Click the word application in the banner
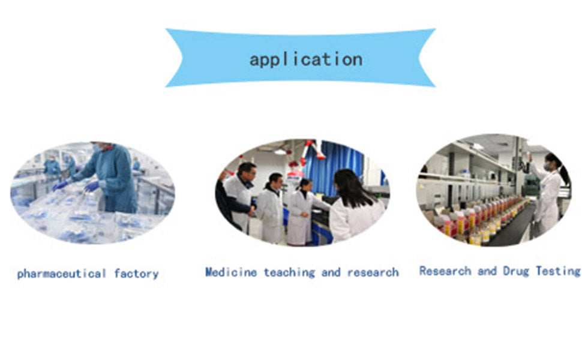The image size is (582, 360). tap(306, 60)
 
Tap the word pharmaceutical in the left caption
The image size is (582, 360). tap(62, 274)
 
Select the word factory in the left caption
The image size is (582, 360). tap(137, 274)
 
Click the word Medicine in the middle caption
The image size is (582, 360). tap(231, 272)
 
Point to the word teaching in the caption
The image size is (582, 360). tap(289, 272)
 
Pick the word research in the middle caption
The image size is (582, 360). tap(373, 272)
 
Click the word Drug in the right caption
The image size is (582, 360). tap(516, 271)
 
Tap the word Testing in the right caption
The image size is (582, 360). tap(558, 271)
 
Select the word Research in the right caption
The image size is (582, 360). tap(445, 271)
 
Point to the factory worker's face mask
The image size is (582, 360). tap(98, 148)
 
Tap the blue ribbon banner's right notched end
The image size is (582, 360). tap(427, 58)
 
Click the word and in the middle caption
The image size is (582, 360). tap(331, 272)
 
